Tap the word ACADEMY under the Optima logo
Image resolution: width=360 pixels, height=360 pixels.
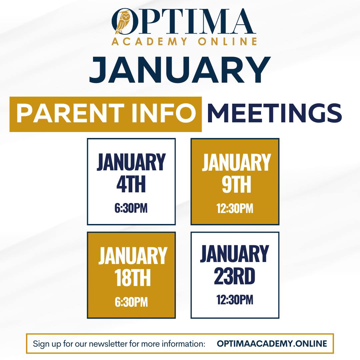[149, 42]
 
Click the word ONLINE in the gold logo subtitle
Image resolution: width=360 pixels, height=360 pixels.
[228, 42]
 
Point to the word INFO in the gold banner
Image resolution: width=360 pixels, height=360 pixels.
[163, 113]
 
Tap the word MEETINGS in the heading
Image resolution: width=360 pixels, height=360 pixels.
[275, 113]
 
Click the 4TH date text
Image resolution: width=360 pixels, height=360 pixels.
[131, 184]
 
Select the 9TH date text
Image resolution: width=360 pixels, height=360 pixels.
[236, 184]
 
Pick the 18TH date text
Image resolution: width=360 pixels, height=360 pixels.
[132, 278]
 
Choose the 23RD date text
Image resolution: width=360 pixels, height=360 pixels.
[235, 276]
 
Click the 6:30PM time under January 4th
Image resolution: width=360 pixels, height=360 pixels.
[131, 208]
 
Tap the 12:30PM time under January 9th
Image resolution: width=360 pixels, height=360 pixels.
[235, 208]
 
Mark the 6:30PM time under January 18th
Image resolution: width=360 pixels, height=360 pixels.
[131, 302]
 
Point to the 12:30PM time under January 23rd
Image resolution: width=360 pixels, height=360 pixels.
[235, 300]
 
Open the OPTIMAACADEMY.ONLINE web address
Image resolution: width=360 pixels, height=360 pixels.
[272, 343]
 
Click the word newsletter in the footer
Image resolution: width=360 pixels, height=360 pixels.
[108, 344]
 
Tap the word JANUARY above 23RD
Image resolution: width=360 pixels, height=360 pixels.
[234, 254]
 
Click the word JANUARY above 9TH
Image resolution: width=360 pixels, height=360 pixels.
[236, 162]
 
